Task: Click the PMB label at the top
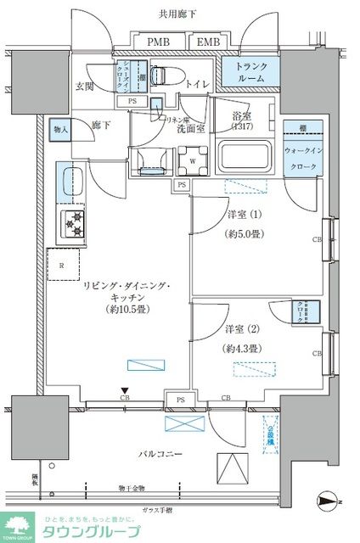(157, 42)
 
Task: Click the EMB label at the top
(206, 42)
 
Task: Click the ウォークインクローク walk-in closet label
(303, 160)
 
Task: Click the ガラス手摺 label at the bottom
(158, 509)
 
